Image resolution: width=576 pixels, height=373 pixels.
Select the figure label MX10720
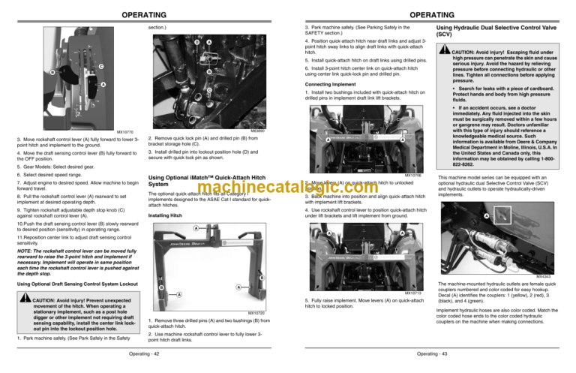[256, 311]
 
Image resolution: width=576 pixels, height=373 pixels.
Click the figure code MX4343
[553, 275]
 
